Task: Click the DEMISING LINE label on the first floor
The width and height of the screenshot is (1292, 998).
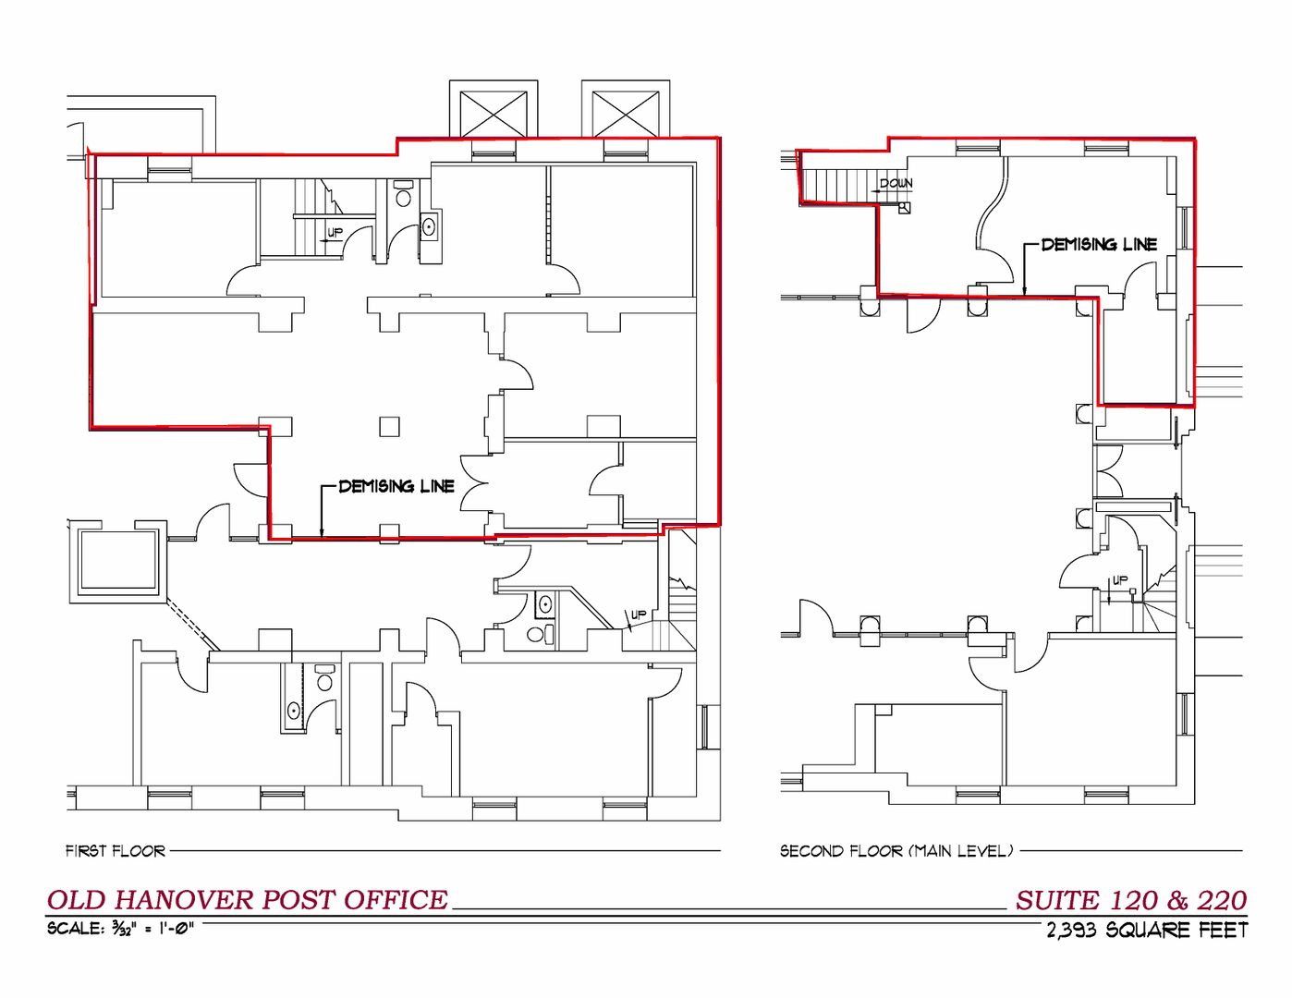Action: point(396,486)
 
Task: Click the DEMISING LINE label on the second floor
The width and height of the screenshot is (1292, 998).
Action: point(1099,244)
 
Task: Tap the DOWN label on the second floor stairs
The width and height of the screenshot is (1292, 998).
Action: point(896,183)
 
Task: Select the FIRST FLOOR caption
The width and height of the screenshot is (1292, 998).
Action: point(116,851)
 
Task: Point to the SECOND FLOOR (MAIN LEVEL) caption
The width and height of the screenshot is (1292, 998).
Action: point(896,851)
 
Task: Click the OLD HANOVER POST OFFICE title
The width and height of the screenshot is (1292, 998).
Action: point(248,900)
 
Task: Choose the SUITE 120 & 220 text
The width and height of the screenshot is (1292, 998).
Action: point(1131,901)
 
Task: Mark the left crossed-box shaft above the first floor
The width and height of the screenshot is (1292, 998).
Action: point(494,114)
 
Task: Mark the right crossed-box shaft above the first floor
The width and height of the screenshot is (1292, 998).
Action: point(626,114)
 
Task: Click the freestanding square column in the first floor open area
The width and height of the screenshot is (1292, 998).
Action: point(389,426)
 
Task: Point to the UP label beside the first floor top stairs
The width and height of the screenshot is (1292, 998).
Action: point(335,233)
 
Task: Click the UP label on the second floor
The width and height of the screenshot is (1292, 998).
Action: point(1119,580)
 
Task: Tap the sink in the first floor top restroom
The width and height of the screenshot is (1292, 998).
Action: point(429,225)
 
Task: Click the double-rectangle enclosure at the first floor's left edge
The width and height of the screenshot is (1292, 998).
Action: point(118,562)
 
